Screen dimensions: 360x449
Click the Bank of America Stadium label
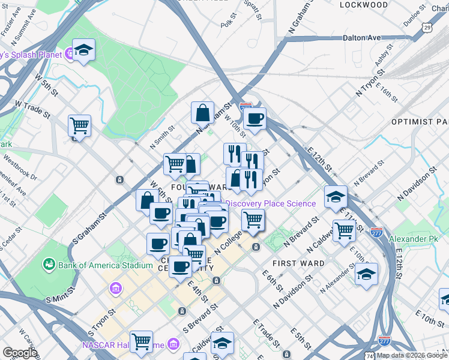pyautogui.click(x=105, y=265)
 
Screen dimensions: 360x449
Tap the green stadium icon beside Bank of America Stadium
pyautogui.click(x=49, y=265)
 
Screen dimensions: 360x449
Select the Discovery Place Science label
pyautogui.click(x=270, y=203)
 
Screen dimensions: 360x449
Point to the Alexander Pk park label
pyautogui.click(x=414, y=239)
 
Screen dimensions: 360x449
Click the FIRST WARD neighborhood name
pyautogui.click(x=298, y=263)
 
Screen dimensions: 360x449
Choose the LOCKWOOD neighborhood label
pyautogui.click(x=364, y=5)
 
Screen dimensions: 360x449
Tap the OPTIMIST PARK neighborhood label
pyautogui.click(x=420, y=121)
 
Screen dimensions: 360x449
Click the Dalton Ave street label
pyautogui.click(x=362, y=37)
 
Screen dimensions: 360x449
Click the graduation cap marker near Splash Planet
pyautogui.click(x=84, y=50)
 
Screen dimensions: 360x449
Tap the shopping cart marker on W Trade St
pyautogui.click(x=79, y=126)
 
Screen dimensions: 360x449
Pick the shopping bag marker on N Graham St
pyautogui.click(x=203, y=112)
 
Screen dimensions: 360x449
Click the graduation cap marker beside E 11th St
pyautogui.click(x=336, y=196)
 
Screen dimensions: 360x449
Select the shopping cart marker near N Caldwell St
pyautogui.click(x=345, y=230)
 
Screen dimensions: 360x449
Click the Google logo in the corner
pyautogui.click(x=20, y=353)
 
